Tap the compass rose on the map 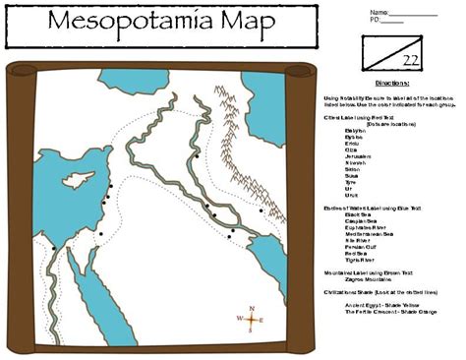pos(251,321)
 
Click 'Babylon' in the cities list pos(357,129)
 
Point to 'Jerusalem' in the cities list pos(360,156)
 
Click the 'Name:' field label pos(379,12)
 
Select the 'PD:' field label pos(376,20)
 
